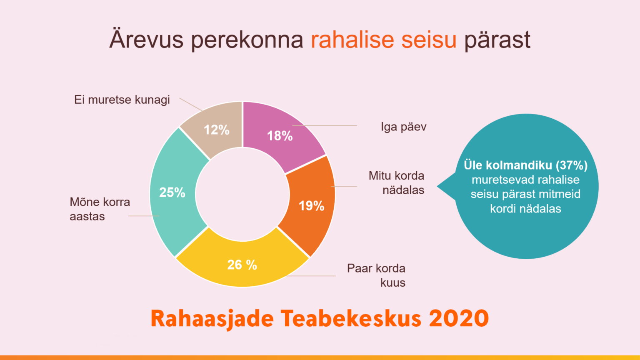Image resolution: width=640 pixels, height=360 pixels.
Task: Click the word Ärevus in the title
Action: click(x=146, y=39)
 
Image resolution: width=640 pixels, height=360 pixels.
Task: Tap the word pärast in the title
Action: click(x=497, y=40)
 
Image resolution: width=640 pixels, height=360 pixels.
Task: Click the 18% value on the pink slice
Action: click(x=280, y=136)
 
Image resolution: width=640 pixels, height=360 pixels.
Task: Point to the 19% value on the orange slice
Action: click(x=311, y=206)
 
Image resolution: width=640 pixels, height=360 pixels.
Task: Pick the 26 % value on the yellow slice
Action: click(x=242, y=265)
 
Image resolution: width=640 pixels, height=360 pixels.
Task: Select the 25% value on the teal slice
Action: click(x=172, y=192)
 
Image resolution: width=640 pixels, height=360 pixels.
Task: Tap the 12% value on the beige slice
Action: click(x=216, y=130)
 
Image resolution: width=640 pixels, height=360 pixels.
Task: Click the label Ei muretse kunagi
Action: click(x=122, y=100)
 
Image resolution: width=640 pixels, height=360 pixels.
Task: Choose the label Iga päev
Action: click(x=403, y=127)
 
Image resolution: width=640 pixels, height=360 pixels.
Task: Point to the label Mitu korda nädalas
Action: click(x=397, y=183)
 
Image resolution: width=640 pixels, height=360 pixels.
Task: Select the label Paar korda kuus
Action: click(x=376, y=275)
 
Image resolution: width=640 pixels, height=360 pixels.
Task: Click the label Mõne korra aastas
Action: click(x=100, y=209)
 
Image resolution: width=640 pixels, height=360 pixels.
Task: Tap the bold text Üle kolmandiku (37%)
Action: click(x=526, y=165)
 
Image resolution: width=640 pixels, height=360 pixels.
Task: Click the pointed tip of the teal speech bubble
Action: click(x=437, y=186)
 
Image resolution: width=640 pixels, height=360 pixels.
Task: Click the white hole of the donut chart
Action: click(x=242, y=194)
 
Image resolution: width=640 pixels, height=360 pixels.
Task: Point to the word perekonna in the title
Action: click(x=247, y=40)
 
